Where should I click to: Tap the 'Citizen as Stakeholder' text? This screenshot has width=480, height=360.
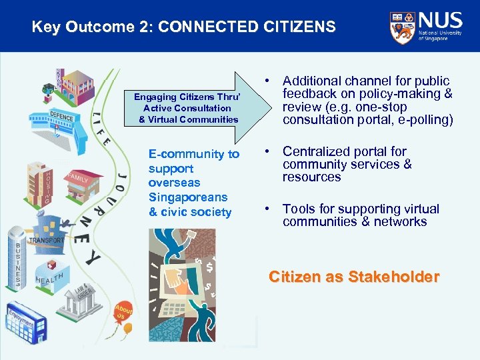[353, 277]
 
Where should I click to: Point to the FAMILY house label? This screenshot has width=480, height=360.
[77, 178]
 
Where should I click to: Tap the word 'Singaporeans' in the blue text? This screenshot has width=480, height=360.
[188, 197]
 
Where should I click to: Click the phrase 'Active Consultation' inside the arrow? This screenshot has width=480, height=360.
[187, 108]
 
